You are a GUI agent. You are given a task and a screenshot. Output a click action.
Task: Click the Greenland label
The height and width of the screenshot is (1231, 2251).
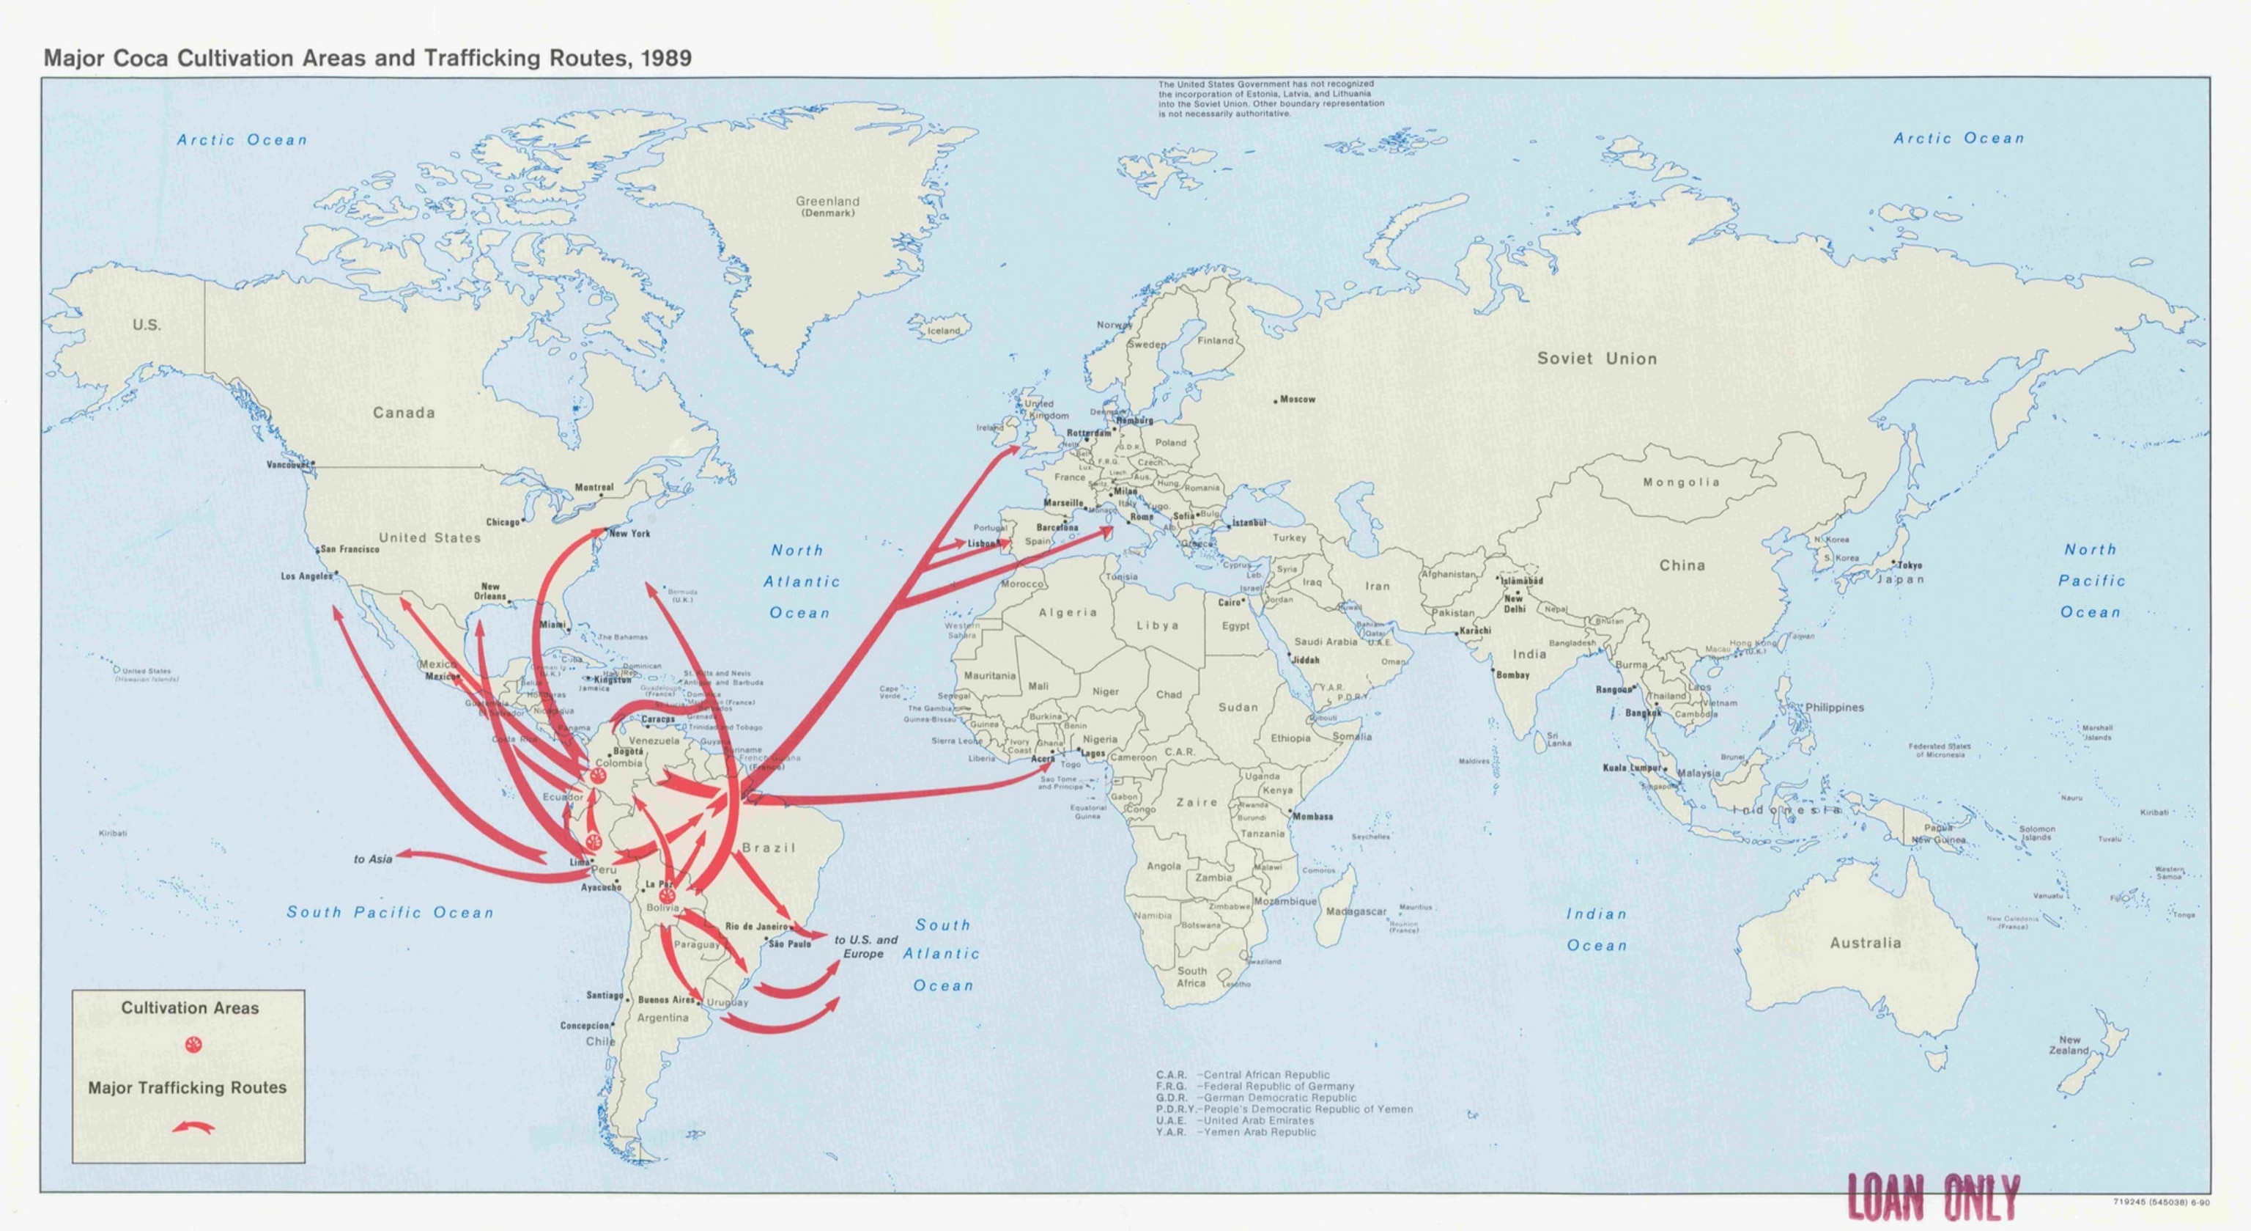[827, 202]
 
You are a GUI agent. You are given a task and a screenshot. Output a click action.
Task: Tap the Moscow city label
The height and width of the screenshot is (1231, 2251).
[1297, 400]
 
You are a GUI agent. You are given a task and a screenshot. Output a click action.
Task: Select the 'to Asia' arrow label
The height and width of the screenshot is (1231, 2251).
[373, 859]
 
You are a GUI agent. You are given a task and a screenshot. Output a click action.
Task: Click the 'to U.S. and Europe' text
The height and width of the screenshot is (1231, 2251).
[865, 947]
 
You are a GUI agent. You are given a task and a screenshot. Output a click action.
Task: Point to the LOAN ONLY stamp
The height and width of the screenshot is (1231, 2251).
[1933, 1199]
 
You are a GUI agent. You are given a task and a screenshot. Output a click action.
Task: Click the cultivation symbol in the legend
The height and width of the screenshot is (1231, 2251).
[193, 1045]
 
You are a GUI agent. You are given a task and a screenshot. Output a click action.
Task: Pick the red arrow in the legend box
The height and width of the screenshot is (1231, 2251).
[193, 1128]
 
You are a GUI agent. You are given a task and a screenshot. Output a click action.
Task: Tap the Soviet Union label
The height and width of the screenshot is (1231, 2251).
[1597, 359]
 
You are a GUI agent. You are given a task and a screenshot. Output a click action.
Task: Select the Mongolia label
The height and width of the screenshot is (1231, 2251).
[1680, 482]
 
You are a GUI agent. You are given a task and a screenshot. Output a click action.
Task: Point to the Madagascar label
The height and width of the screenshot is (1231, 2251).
[1356, 912]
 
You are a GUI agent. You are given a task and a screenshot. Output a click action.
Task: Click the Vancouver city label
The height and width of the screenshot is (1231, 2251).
[287, 465]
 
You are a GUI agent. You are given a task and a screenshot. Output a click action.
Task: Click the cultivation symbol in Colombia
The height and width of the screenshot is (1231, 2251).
[599, 776]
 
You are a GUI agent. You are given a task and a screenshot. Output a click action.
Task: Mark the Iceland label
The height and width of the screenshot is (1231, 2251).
[943, 331]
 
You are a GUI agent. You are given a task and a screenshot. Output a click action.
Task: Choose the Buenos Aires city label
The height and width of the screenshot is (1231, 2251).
[665, 1000]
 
